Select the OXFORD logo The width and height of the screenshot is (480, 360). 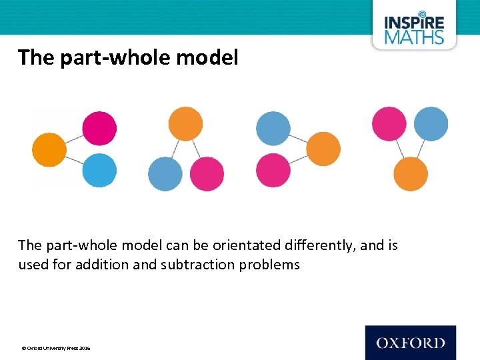click(410, 343)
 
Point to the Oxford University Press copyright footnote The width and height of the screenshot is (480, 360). click(56, 349)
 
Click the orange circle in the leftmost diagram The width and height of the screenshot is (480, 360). click(49, 150)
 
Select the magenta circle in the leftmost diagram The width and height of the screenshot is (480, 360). click(99, 129)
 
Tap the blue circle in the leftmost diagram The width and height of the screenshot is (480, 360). click(99, 171)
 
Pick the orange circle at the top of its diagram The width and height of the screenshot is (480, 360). click(185, 124)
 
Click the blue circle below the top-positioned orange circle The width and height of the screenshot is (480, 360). click(165, 174)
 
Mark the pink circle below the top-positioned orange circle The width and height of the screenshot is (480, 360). click(207, 174)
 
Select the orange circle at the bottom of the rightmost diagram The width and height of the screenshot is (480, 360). click(411, 174)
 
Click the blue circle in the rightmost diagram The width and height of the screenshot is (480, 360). click(431, 124)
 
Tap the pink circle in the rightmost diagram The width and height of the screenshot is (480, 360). click(389, 124)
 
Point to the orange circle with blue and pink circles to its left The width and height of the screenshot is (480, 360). click(323, 149)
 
